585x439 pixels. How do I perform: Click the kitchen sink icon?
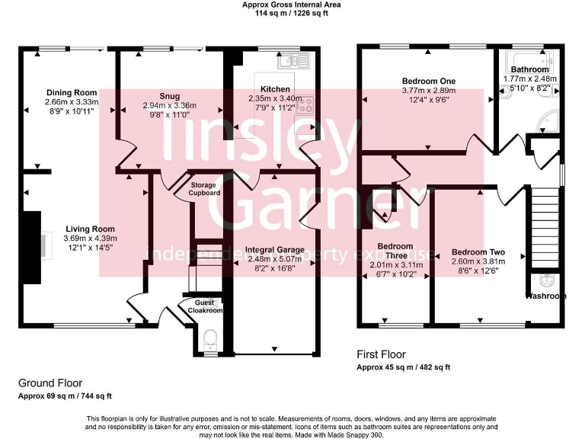[x=292, y=61]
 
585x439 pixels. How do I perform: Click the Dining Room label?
[x=72, y=92]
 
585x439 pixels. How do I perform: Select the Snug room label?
[x=169, y=96]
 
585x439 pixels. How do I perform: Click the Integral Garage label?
[x=274, y=250]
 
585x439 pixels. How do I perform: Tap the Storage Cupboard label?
[x=205, y=189]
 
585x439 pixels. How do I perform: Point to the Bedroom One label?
[x=428, y=82]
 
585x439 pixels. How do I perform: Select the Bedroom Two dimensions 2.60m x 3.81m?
[x=478, y=261]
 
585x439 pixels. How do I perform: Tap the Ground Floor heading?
[x=50, y=383]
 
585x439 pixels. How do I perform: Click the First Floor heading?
[x=382, y=354]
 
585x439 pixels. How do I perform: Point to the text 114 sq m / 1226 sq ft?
[x=292, y=13]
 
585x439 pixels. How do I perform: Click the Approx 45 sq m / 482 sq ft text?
[x=404, y=367]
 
